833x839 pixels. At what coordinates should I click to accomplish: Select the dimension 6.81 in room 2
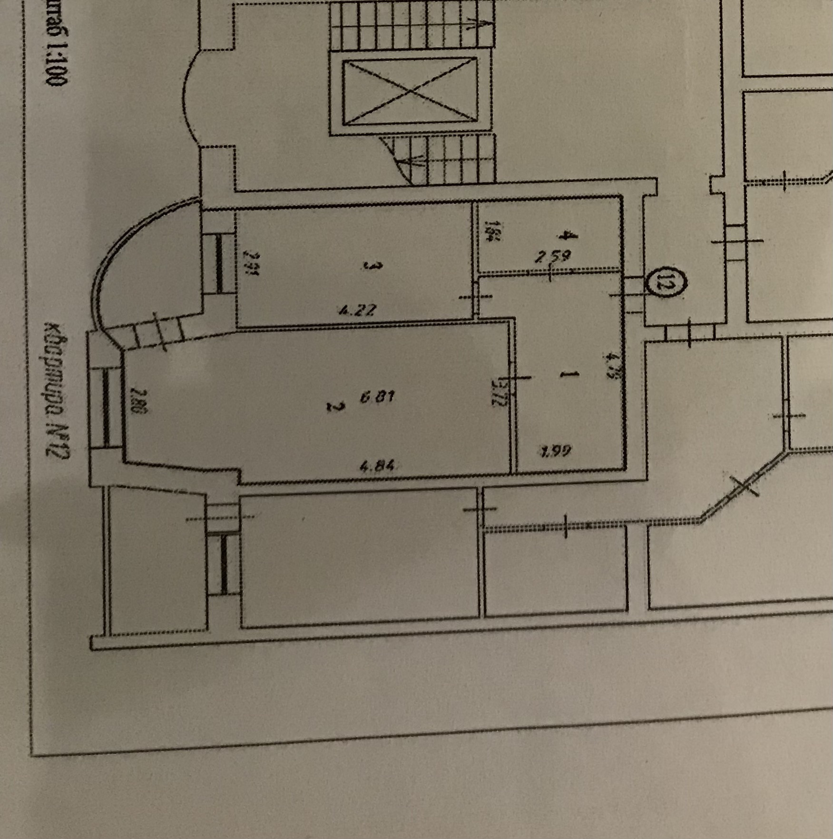pos(376,397)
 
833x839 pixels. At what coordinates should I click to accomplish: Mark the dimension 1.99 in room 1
pos(556,450)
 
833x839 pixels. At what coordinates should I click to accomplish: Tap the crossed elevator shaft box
pos(410,91)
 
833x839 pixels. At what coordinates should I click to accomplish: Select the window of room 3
pos(219,265)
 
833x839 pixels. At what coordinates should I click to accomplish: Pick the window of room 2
pos(106,408)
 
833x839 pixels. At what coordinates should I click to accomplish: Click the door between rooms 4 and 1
pos(551,272)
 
